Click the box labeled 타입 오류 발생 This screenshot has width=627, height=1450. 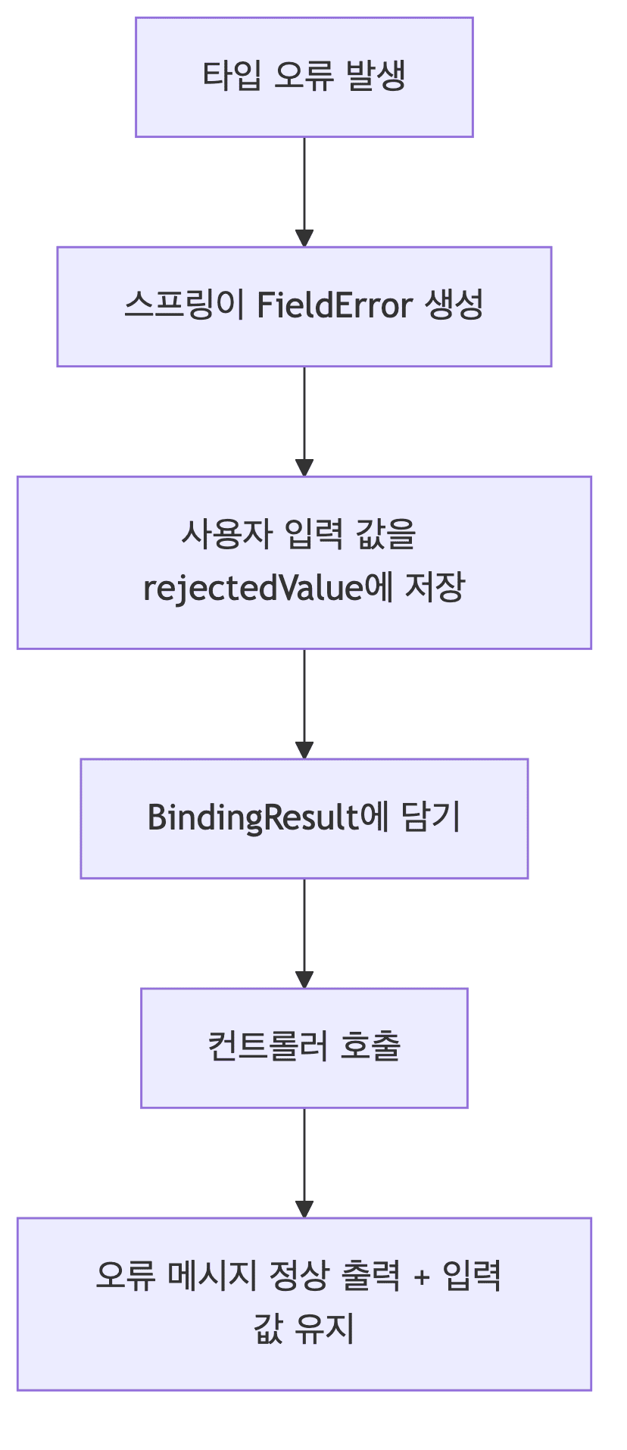pos(304,77)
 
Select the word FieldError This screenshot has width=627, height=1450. pos(334,306)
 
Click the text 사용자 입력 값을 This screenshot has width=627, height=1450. pos(298,535)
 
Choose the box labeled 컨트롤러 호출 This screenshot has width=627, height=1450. pos(304,1048)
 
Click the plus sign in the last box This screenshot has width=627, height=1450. pos(422,1278)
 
